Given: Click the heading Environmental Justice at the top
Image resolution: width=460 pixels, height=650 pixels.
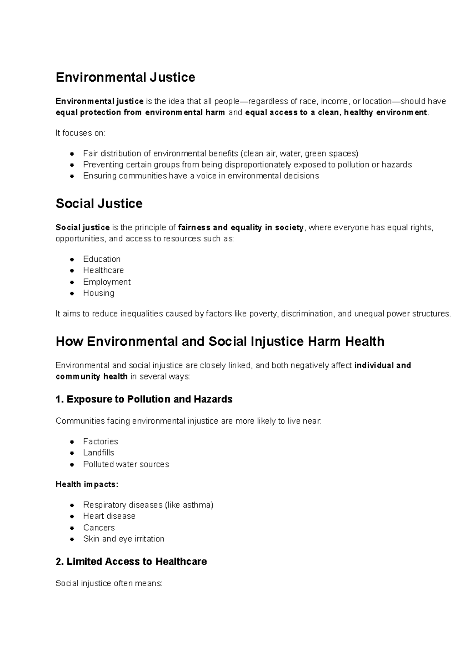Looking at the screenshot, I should point(125,78).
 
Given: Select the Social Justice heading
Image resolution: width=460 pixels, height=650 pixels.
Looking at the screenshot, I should point(99,203).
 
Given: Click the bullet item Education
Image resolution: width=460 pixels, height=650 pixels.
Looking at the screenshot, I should point(102,259).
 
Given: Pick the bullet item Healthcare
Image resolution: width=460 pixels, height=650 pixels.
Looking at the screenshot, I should point(103,270).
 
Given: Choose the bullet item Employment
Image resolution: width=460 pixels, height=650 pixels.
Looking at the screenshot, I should point(107,282).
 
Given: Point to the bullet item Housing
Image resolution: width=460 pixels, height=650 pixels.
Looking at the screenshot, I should point(99,293).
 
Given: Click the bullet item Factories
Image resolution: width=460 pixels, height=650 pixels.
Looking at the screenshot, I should point(100,441).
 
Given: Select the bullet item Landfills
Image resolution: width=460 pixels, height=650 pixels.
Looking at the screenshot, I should point(99,453).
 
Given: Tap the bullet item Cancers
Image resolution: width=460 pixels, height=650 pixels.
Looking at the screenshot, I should point(99,528).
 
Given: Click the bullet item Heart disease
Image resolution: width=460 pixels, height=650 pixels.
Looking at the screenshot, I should point(109,516).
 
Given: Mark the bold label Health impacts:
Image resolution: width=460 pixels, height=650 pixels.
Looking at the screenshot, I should point(87,484).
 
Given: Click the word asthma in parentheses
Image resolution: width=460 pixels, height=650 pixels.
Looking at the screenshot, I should point(199,505).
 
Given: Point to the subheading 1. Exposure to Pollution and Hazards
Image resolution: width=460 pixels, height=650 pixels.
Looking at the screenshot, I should point(144,399).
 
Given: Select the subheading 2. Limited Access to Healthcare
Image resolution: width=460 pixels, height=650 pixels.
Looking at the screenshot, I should point(131,562).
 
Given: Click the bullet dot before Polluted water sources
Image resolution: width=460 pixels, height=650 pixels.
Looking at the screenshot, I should point(72,465).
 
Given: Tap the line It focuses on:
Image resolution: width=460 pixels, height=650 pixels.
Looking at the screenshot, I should point(80,133).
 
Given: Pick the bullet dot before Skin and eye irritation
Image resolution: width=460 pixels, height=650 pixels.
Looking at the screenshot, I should point(72,539).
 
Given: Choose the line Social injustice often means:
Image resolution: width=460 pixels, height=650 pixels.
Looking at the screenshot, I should point(109,584).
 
